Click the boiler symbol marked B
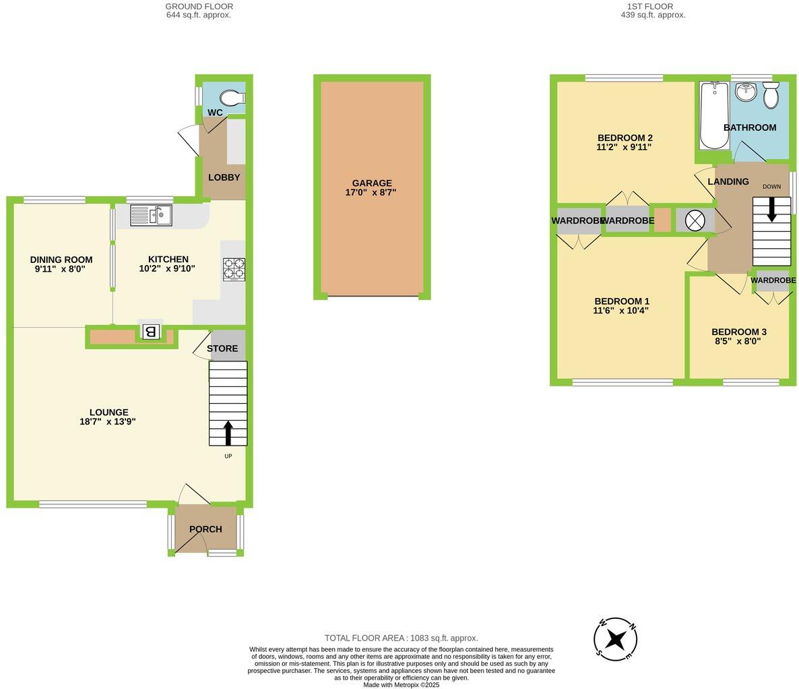(151, 331)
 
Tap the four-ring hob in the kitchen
(234, 269)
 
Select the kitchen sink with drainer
(151, 215)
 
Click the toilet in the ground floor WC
(231, 99)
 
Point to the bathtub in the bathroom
(713, 115)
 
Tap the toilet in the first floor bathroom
(771, 95)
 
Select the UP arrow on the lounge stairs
(228, 433)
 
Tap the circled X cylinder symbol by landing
(695, 220)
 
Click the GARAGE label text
(371, 183)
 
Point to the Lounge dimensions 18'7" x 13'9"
(108, 422)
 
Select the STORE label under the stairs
(222, 349)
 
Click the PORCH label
(205, 529)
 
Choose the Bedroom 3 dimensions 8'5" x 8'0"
(738, 341)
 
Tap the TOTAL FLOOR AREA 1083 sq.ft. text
(401, 638)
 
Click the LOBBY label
(224, 177)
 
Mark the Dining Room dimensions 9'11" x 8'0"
(61, 268)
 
